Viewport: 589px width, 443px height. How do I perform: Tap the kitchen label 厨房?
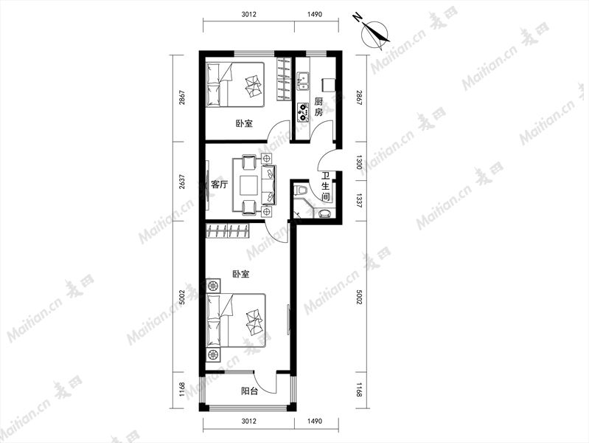(x=318, y=107)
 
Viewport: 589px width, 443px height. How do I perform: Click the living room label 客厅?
(x=220, y=185)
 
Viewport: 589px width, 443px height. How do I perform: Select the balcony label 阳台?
(x=249, y=391)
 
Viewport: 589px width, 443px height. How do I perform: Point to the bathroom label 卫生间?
(x=326, y=186)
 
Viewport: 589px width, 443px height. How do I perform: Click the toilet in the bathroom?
(x=302, y=190)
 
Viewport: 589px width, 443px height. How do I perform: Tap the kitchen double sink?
(x=302, y=82)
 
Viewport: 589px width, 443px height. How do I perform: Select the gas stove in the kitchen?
(x=302, y=112)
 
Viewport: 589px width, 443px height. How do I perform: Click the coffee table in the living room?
(x=248, y=185)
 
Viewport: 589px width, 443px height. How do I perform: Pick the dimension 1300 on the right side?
(x=359, y=162)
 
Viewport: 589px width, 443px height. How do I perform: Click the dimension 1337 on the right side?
(x=359, y=201)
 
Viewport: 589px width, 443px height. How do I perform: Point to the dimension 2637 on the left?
(x=182, y=182)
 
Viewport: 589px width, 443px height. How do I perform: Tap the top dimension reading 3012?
(x=248, y=15)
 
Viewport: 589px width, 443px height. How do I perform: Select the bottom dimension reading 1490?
(x=315, y=421)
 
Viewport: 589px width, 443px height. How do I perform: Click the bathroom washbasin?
(x=324, y=213)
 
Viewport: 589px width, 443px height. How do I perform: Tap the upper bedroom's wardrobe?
(x=284, y=80)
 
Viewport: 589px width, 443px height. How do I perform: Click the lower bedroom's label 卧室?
(x=241, y=275)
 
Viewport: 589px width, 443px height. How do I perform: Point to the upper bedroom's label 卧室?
(x=244, y=123)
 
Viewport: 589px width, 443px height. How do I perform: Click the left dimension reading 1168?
(x=182, y=390)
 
